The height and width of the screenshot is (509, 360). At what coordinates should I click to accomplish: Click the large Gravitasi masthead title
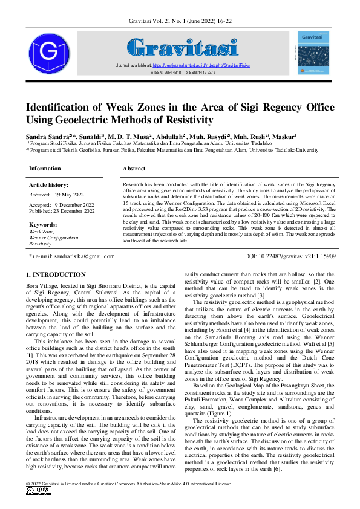182,47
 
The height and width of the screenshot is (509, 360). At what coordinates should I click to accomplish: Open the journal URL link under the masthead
201,65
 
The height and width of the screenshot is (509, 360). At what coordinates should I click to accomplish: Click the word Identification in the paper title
67,108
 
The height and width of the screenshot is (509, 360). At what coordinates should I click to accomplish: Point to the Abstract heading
134,168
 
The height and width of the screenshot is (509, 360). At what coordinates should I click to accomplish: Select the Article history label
48,185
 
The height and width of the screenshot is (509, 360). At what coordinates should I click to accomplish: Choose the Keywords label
42,225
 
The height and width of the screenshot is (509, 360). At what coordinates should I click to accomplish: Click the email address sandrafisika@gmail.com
76,256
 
